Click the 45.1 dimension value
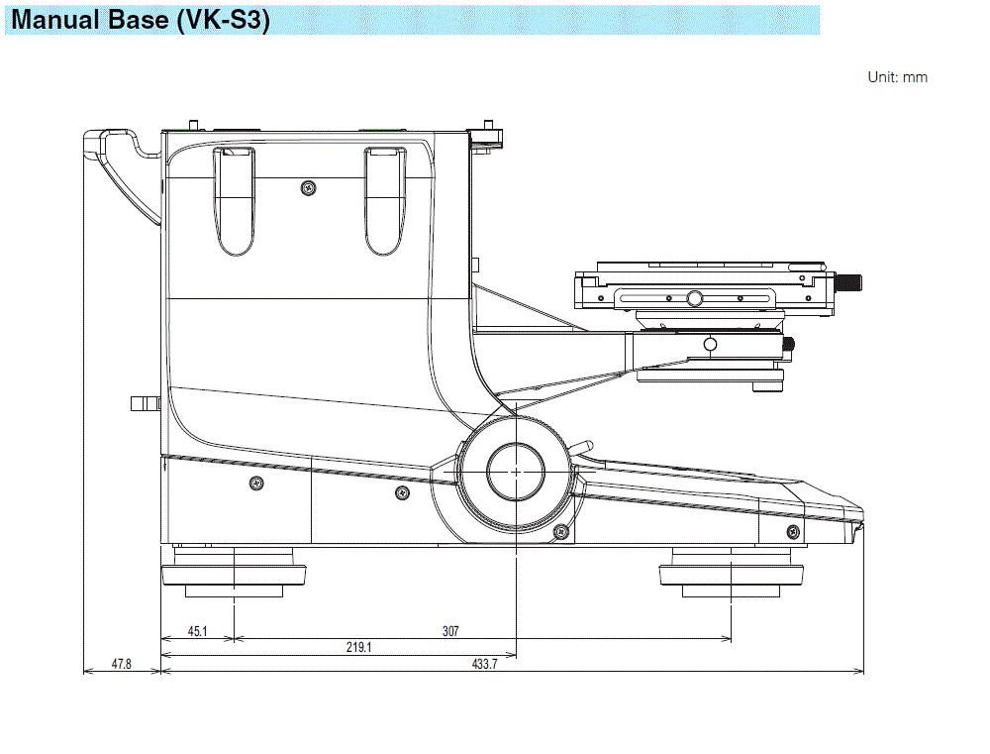[197, 631]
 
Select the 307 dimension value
[450, 631]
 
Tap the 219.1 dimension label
[358, 647]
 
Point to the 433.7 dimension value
[484, 664]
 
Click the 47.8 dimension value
[121, 664]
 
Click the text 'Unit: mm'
[897, 77]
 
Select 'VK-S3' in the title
[223, 20]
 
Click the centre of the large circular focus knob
[516, 472]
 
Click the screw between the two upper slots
[309, 187]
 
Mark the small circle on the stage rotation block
[709, 344]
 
